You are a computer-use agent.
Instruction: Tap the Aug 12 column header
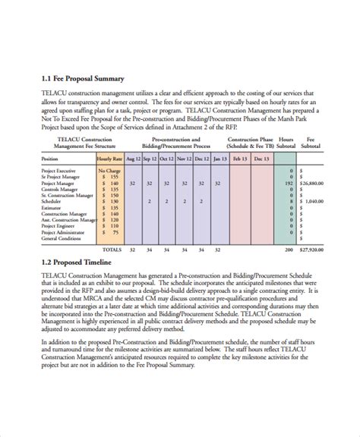pyautogui.click(x=132, y=159)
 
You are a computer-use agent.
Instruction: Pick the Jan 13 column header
pyautogui.click(x=218, y=159)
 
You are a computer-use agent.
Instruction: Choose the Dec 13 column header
pyautogui.click(x=261, y=159)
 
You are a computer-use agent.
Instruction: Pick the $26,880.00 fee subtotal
pyautogui.click(x=314, y=183)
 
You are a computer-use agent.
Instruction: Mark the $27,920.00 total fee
pyautogui.click(x=313, y=249)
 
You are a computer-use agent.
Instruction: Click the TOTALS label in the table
pyautogui.click(x=112, y=249)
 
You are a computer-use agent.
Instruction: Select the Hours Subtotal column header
pyautogui.click(x=286, y=143)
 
